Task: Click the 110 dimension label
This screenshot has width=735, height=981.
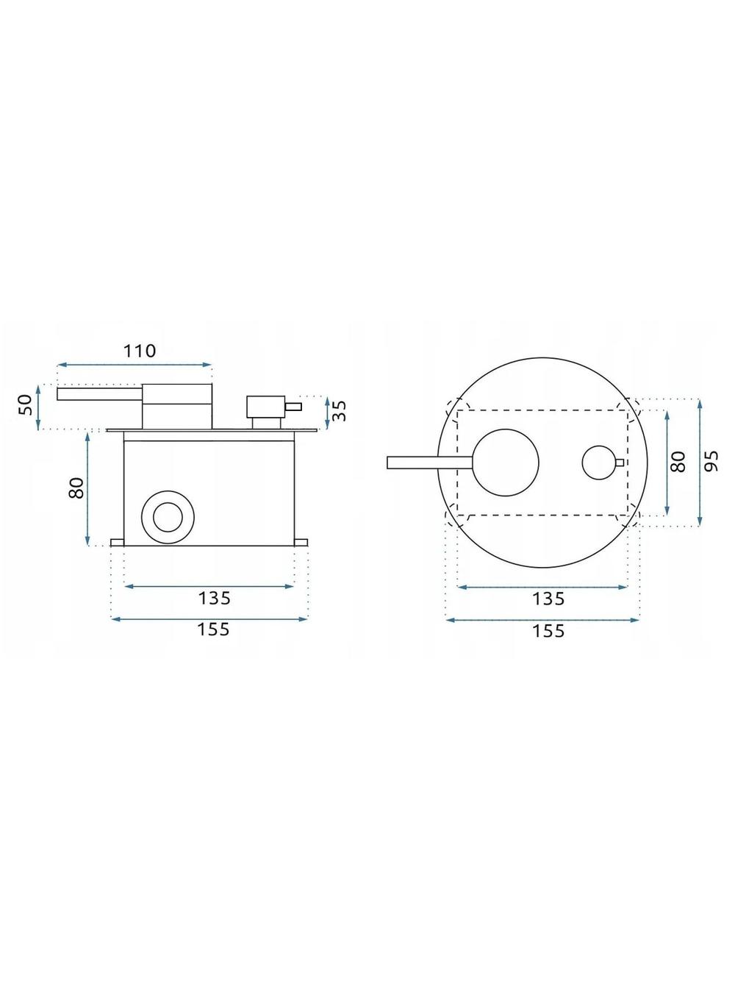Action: (140, 351)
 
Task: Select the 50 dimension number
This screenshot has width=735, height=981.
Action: (26, 405)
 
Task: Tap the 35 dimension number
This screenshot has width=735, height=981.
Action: (340, 411)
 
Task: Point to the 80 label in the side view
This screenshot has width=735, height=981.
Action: (76, 488)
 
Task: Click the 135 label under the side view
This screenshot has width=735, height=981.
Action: (215, 598)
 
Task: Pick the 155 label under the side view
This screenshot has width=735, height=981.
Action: (213, 629)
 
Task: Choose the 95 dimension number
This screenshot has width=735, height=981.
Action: (713, 461)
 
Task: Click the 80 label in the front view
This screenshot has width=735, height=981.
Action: (678, 462)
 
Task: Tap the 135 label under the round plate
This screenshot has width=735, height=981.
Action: (549, 599)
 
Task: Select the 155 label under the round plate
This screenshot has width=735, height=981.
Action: (549, 631)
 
